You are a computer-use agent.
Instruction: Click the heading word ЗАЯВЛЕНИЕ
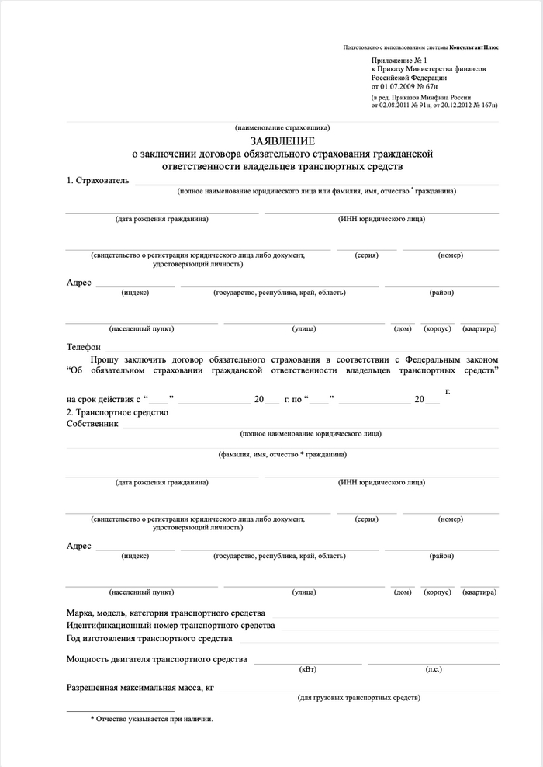282,141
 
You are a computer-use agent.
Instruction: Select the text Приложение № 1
399,60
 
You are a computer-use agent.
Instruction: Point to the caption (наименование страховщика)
282,127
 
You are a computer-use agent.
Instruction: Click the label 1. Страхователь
98,181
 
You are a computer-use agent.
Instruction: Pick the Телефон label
84,347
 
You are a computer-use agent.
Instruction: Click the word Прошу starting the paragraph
105,359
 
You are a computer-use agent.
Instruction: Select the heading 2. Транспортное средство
117,412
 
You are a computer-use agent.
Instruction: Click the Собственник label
92,425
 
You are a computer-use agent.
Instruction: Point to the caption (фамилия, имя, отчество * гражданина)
282,454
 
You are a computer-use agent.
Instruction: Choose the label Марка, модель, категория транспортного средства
166,613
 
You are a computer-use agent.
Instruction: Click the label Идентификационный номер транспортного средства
171,626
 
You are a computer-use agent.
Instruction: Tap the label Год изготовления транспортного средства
150,639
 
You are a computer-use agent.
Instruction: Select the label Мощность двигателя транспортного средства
157,660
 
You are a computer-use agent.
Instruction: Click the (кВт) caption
307,669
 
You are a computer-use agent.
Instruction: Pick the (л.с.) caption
434,669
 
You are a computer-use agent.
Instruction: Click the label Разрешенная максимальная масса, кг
140,688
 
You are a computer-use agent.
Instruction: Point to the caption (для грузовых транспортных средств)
359,699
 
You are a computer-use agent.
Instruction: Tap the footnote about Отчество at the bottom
151,719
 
